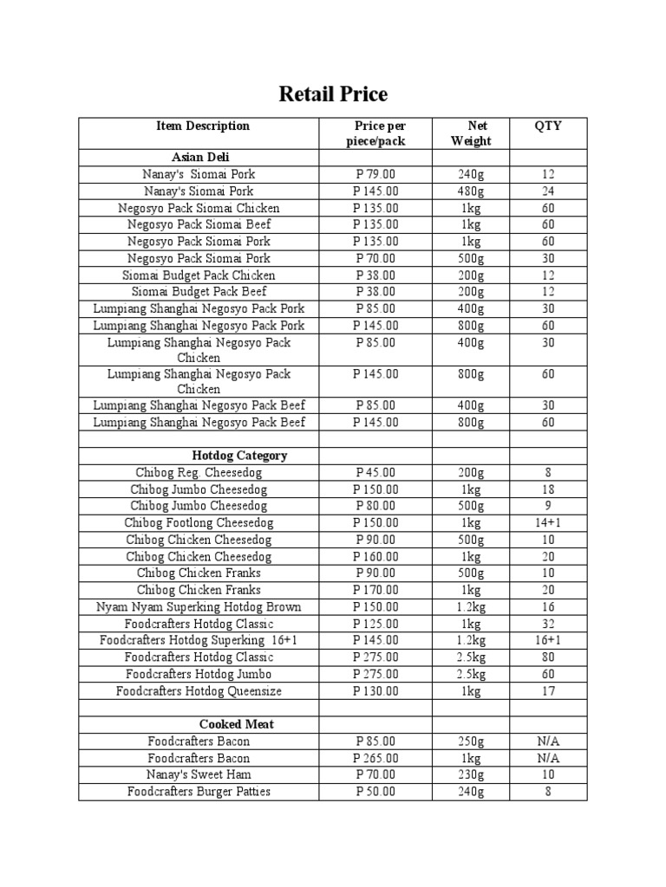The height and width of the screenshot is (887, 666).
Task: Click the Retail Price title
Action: (333, 94)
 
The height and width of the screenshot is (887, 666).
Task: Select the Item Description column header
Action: (202, 126)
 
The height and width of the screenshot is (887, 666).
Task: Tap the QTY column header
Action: (548, 126)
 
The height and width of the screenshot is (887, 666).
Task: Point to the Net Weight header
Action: (471, 133)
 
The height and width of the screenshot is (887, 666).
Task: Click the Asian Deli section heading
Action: (199, 157)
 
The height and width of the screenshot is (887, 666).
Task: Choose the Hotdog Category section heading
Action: (239, 456)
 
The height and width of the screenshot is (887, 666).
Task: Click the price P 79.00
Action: (375, 174)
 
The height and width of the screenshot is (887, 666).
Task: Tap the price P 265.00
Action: (375, 758)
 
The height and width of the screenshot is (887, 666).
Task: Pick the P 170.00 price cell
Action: (375, 590)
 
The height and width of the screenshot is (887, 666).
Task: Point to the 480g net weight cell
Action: (471, 191)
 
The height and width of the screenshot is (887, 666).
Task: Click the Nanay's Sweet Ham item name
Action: (199, 774)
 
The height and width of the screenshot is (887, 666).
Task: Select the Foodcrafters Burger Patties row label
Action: (199, 792)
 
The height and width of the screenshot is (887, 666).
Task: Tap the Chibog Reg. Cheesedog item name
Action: (199, 473)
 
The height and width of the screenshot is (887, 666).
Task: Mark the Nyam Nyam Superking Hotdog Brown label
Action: (199, 607)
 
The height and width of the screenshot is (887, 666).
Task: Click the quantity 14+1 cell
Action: (548, 523)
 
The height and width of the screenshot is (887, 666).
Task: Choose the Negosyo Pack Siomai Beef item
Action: (199, 224)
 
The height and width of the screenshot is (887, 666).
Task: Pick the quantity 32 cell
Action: (548, 624)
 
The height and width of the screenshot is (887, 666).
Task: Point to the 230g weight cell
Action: (471, 774)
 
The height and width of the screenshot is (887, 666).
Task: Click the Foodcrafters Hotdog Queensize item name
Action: (199, 691)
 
